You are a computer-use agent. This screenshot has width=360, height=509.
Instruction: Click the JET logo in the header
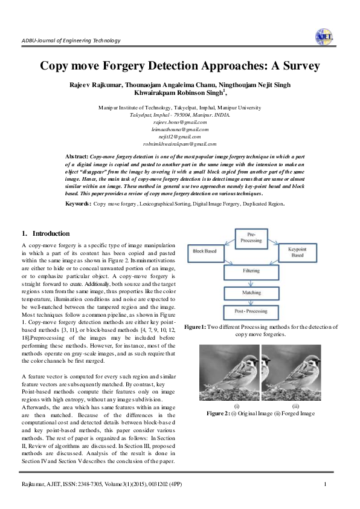click(x=324, y=37)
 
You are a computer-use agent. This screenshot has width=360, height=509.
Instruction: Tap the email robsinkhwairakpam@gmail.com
click(x=180, y=144)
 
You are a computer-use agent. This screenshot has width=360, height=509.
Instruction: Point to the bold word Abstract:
click(x=77, y=156)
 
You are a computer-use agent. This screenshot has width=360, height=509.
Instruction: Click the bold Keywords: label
click(x=78, y=204)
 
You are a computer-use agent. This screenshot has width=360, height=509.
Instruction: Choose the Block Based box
click(x=207, y=250)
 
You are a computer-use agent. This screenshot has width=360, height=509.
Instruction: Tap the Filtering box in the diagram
click(x=251, y=270)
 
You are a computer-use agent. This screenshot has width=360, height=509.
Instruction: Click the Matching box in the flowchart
click(x=251, y=291)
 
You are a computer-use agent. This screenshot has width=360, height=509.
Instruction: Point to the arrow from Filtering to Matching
click(x=251, y=281)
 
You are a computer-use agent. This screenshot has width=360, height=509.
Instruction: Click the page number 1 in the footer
click(x=325, y=485)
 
